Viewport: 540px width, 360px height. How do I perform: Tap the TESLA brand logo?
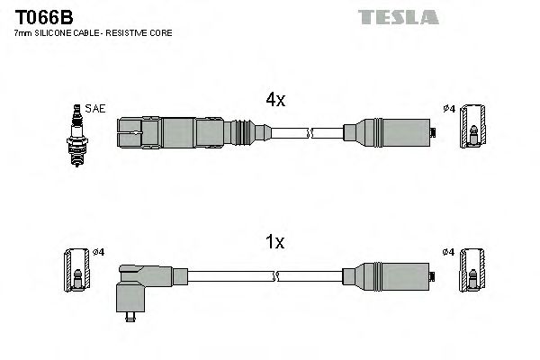tap(398, 17)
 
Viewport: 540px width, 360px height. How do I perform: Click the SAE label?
tap(95, 109)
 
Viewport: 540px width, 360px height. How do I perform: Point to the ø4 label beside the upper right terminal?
tap(449, 110)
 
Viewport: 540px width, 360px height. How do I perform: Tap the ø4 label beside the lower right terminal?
tap(449, 251)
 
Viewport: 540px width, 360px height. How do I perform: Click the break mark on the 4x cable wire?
tap(309, 132)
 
